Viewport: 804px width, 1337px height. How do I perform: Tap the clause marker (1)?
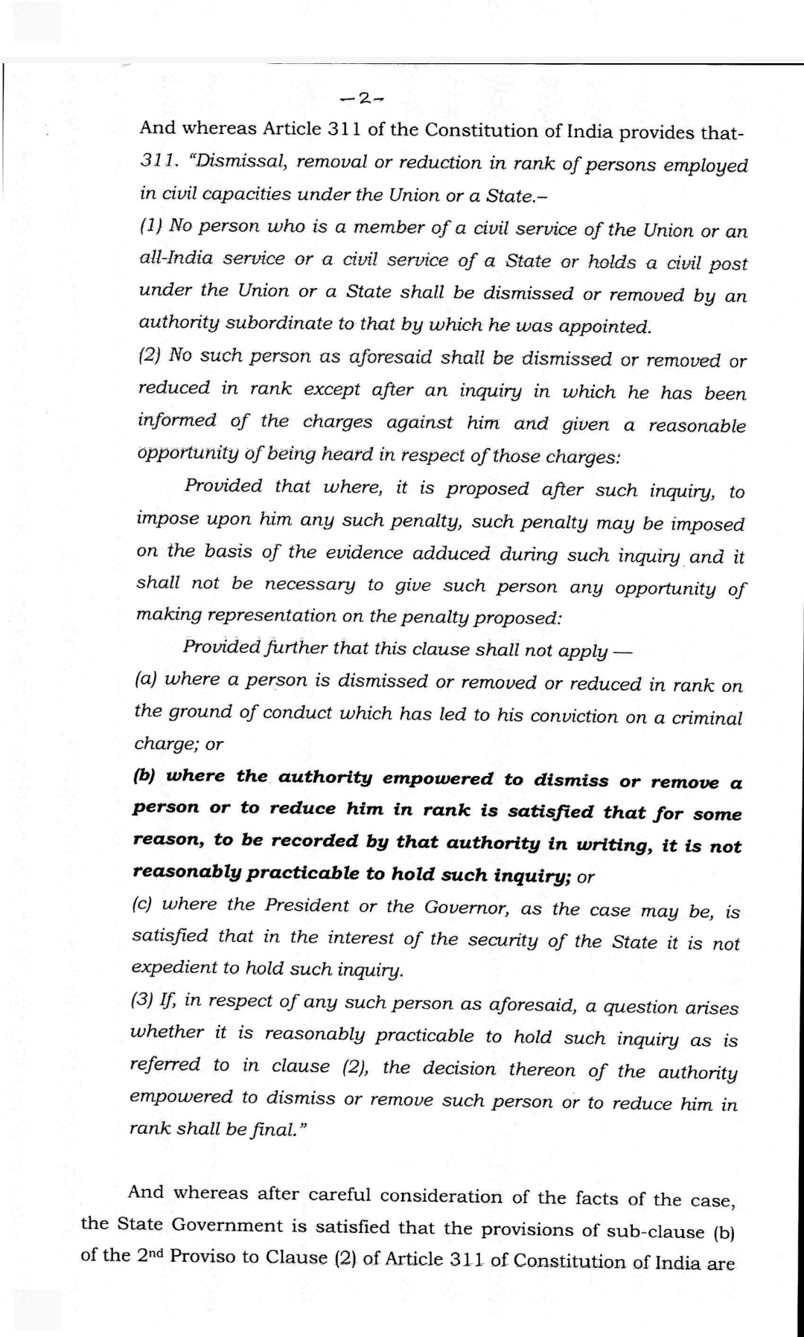(150, 226)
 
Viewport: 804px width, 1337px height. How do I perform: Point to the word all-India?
(176, 259)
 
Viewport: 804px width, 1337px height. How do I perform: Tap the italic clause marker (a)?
(145, 679)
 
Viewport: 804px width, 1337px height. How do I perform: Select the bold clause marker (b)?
(144, 776)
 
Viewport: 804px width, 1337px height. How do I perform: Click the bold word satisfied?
(552, 812)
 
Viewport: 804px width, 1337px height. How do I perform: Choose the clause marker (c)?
(143, 905)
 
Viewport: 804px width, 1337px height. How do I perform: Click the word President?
(307, 905)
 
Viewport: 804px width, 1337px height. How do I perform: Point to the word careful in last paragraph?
(341, 1194)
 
